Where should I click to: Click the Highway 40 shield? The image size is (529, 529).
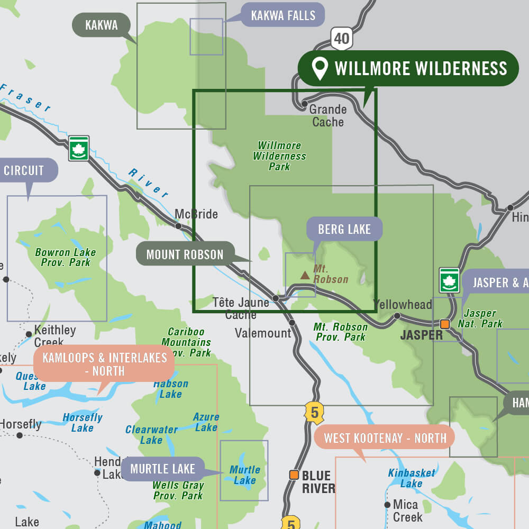click(x=342, y=39)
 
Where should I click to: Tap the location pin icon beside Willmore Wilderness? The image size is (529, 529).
click(x=320, y=69)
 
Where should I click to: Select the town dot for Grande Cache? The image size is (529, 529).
click(x=305, y=104)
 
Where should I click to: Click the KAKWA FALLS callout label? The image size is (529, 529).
click(x=283, y=15)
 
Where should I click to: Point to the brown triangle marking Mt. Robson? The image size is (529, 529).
click(x=305, y=275)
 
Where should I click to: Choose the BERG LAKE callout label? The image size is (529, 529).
click(x=344, y=229)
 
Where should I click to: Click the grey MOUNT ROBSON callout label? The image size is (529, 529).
click(x=185, y=254)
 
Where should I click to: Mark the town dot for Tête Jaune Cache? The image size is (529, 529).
click(x=276, y=298)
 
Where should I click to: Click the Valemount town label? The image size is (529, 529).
click(x=263, y=333)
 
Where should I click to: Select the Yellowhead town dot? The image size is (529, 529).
click(x=397, y=316)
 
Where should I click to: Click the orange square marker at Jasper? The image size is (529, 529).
click(x=445, y=324)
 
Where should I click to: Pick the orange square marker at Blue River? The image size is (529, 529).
click(x=294, y=475)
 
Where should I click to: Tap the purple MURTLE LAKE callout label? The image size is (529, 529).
click(x=162, y=469)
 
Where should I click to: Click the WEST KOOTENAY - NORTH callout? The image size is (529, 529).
click(x=385, y=438)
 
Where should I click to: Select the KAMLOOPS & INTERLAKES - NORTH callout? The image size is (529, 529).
click(x=104, y=364)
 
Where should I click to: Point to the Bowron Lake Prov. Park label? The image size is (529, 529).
click(x=66, y=257)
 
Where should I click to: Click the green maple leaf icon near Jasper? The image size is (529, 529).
click(x=449, y=280)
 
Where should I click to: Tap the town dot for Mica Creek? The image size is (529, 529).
click(x=387, y=505)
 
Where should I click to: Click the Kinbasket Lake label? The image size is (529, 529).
click(x=412, y=478)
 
